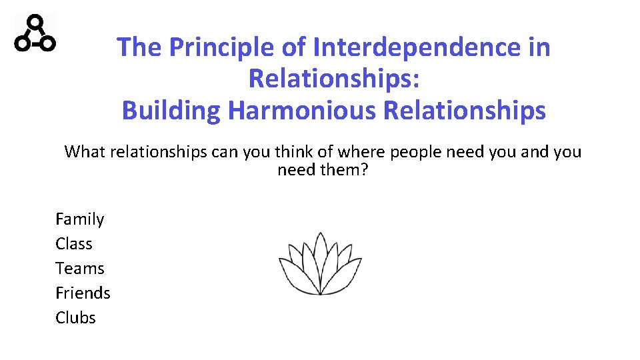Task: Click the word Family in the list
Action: coord(79,219)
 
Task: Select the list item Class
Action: coord(74,244)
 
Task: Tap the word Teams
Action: coord(79,269)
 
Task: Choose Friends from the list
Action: coord(83,293)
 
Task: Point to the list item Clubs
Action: coord(75,318)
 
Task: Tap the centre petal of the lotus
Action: coord(320,257)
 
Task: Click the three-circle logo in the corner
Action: coord(35,33)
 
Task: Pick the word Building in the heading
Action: coord(171,110)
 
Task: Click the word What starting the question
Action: coord(85,152)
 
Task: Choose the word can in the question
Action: coord(225,152)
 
